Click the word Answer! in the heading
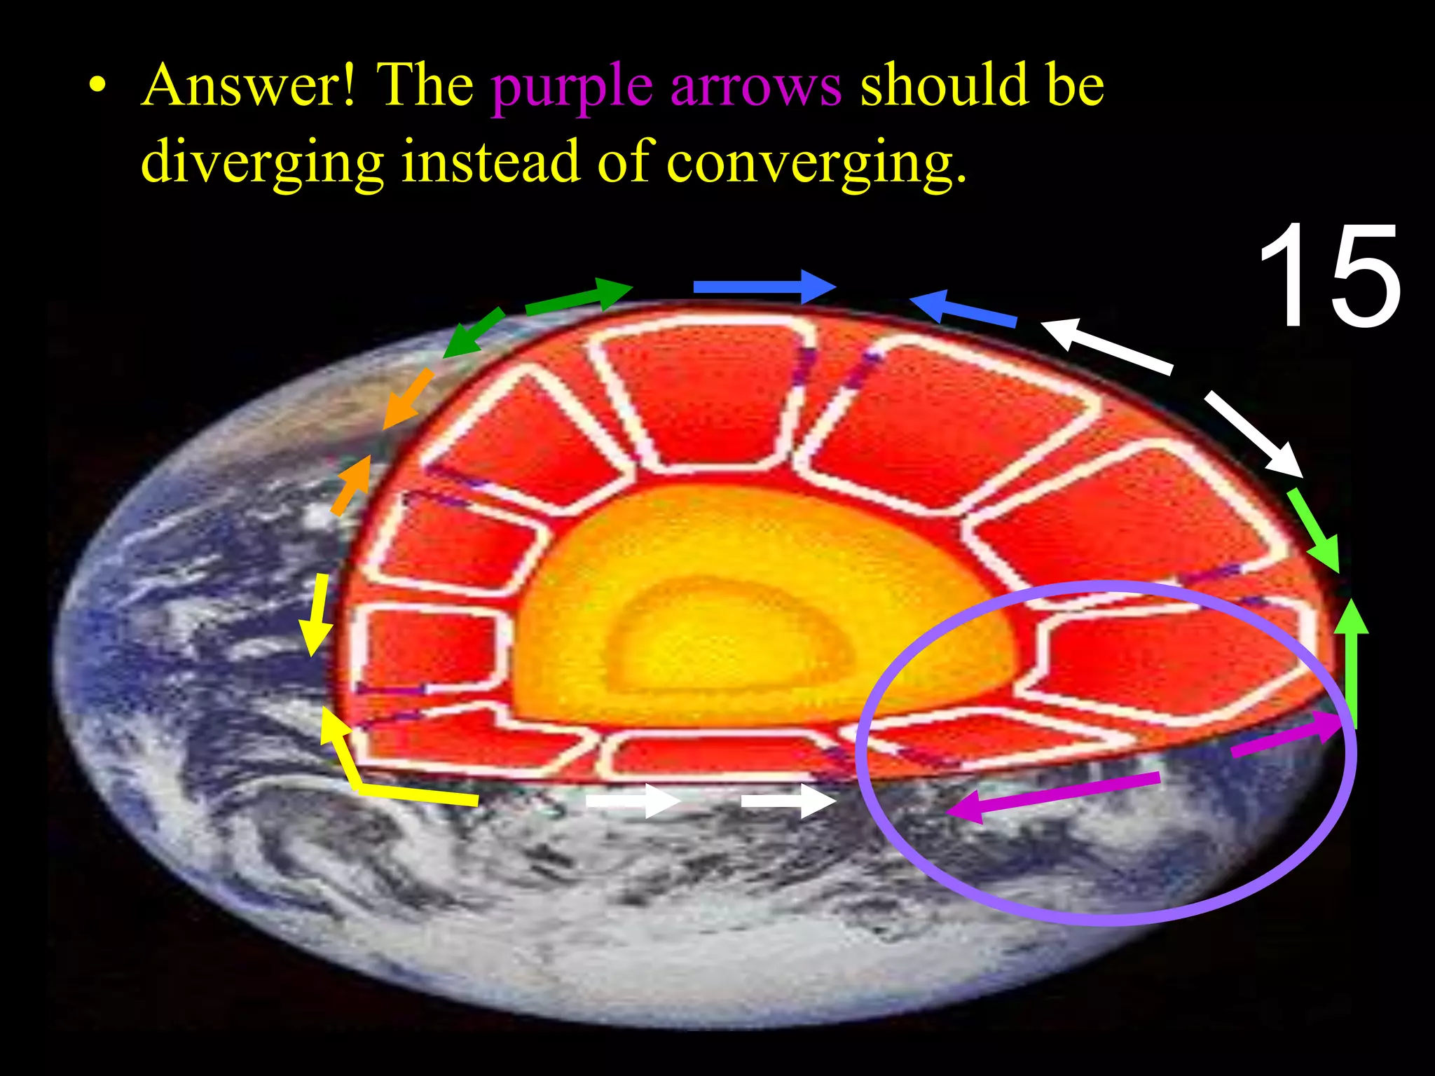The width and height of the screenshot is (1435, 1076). pyautogui.click(x=249, y=85)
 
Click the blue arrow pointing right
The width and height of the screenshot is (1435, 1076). pyautogui.click(x=764, y=287)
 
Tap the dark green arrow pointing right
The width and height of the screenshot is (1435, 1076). pyautogui.click(x=579, y=296)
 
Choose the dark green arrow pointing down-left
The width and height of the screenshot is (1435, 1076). pyautogui.click(x=474, y=333)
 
